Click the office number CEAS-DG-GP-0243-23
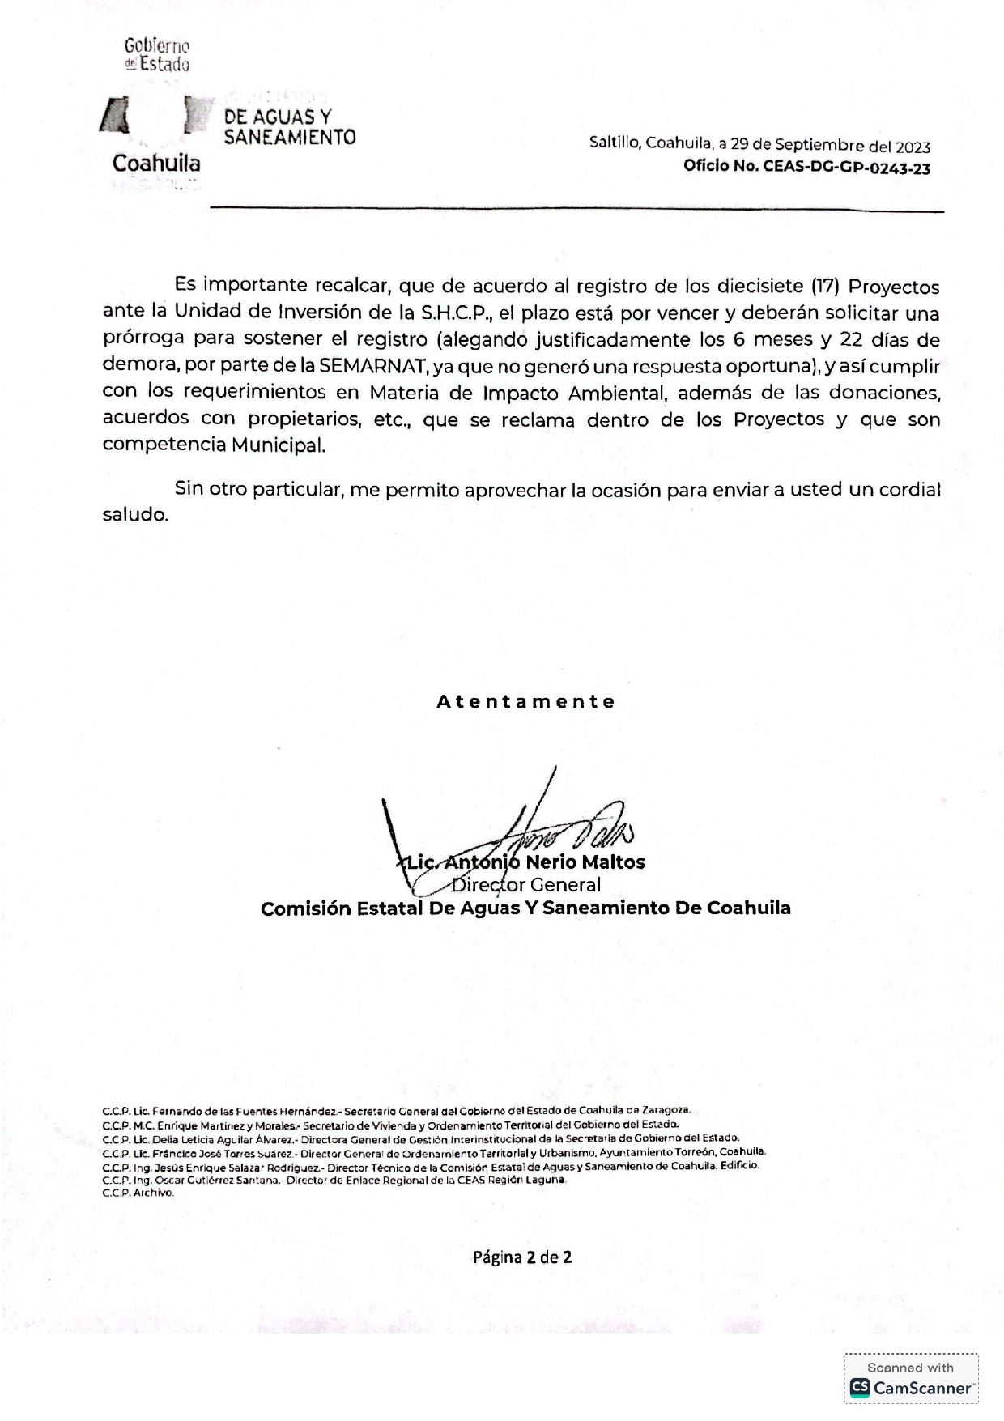tap(846, 168)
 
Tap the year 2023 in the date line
tap(913, 147)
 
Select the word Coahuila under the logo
tap(156, 164)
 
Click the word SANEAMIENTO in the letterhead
tap(290, 138)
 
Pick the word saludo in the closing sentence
tap(134, 514)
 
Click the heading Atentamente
tap(526, 701)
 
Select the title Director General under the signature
tap(526, 885)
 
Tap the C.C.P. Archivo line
tap(138, 1193)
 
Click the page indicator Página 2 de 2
tap(522, 1257)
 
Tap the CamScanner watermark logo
tap(911, 1388)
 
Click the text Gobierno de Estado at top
tap(157, 55)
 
